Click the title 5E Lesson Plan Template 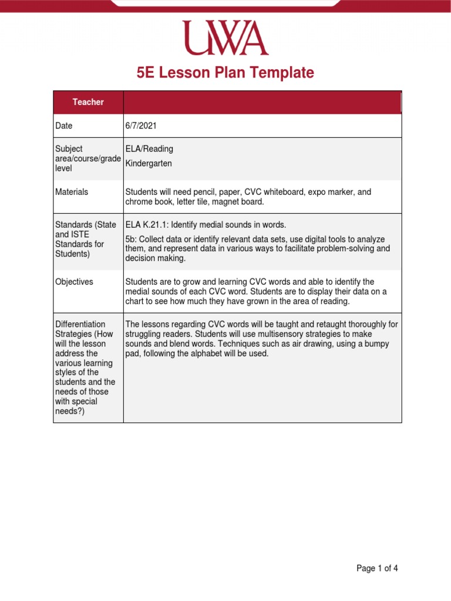(x=225, y=73)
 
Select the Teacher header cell (x=88, y=102)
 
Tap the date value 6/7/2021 (x=141, y=126)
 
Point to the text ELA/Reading (x=149, y=149)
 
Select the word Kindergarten (x=149, y=164)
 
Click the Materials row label (x=72, y=192)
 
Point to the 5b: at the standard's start (x=131, y=239)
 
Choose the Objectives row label (x=74, y=282)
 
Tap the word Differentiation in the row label (x=80, y=324)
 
